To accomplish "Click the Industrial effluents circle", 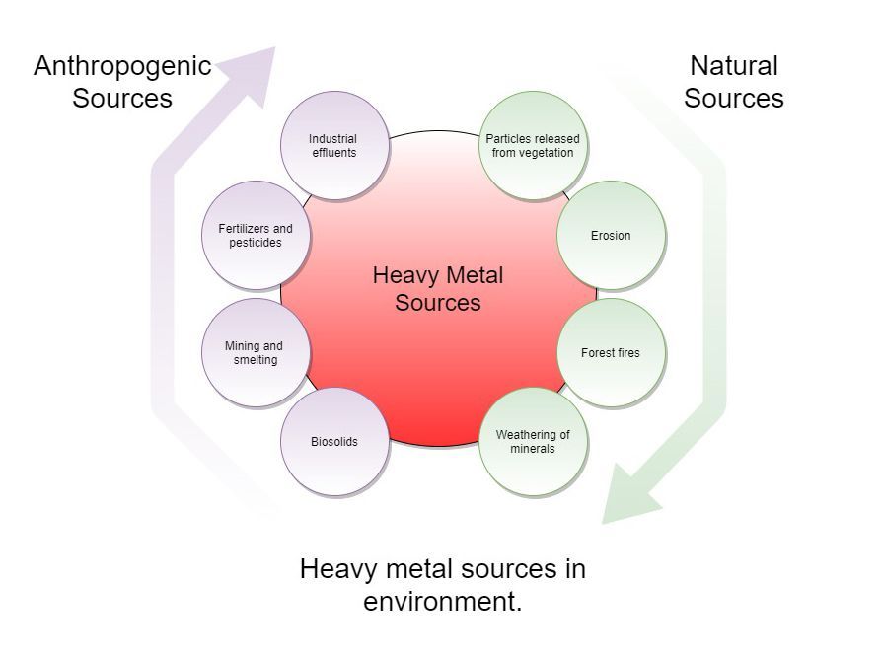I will (333, 146).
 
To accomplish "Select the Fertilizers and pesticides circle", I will (256, 236).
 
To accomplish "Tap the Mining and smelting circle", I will (254, 353).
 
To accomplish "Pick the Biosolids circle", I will (333, 441).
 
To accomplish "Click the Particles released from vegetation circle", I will (533, 146).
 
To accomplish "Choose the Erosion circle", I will (611, 236).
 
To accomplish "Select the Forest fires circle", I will (611, 353).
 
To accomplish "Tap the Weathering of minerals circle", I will (533, 441).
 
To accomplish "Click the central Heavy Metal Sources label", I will (438, 289).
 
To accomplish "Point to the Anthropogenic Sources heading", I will (122, 82).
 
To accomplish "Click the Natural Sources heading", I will (733, 82).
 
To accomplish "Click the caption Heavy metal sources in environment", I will (442, 585).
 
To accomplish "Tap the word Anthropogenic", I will (122, 66).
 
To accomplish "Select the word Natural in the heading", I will (733, 66).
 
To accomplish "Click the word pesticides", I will (256, 243).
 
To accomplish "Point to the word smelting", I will (255, 360).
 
